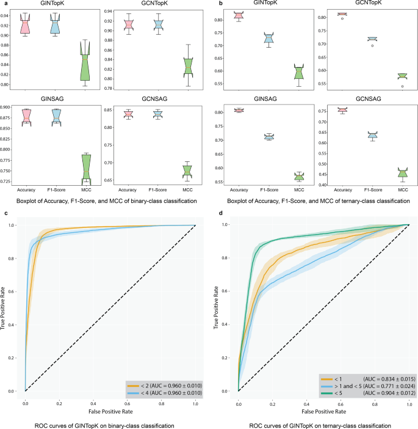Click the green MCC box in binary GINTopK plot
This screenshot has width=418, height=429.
(85, 64)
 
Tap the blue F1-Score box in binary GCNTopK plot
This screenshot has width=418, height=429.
(159, 24)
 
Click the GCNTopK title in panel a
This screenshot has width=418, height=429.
(158, 5)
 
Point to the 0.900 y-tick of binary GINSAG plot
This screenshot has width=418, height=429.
(9, 108)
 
